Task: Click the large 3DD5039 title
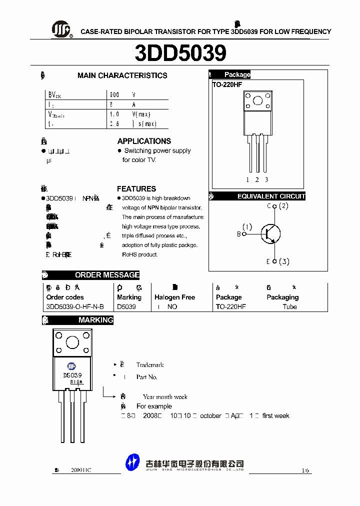coord(180,53)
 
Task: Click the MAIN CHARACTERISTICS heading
coord(122,75)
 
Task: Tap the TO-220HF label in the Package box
coord(227,85)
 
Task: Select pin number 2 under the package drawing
coord(257,179)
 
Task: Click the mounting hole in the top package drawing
coord(257,101)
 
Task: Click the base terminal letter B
coord(238,233)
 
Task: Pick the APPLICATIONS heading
coord(144,141)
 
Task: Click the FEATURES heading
coord(136,188)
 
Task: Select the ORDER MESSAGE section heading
coord(107,275)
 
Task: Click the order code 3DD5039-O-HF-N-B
coord(75,306)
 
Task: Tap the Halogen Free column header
coord(174,297)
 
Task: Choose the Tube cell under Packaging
coord(289,306)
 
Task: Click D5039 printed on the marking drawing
coord(72,375)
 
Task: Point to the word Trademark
coord(150,365)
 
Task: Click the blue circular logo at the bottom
coord(132,461)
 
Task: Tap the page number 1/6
coord(305,470)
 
